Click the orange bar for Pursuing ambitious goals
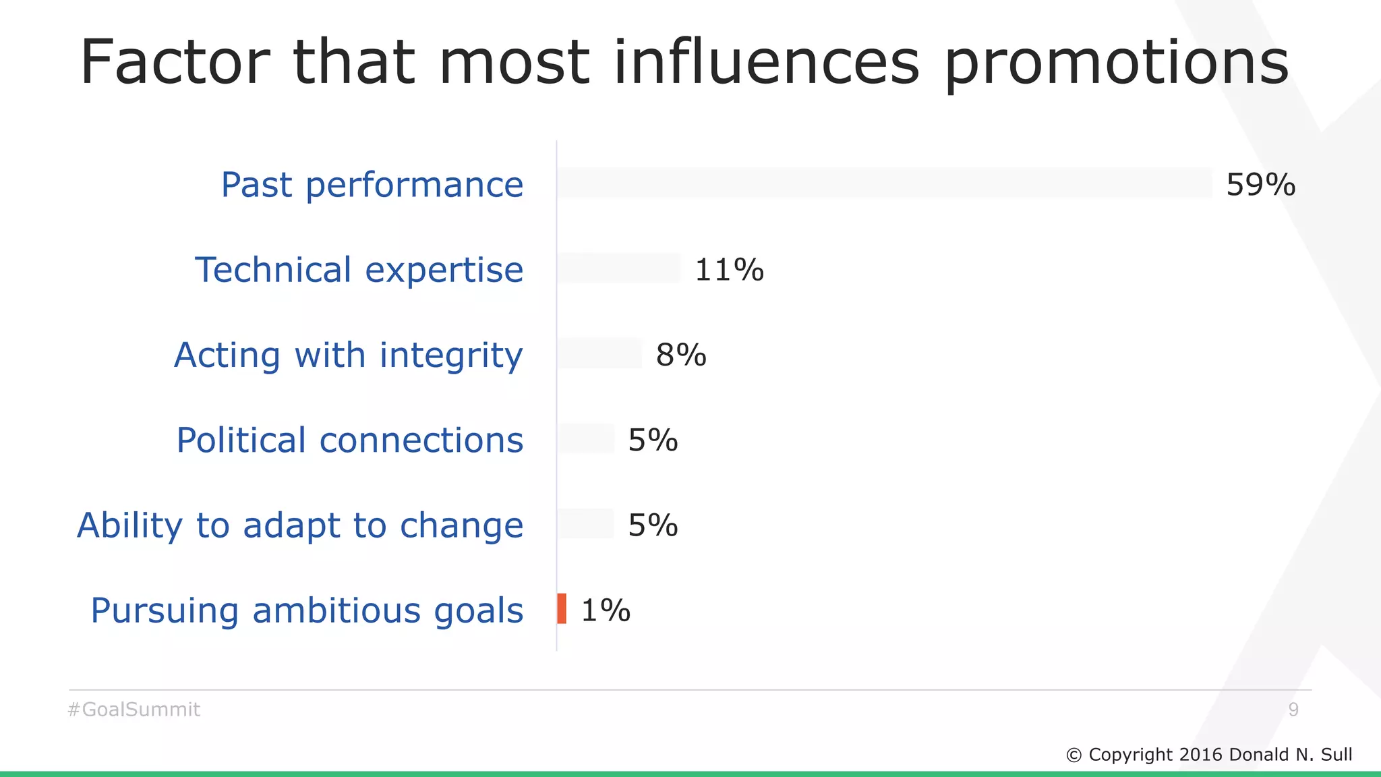click(x=562, y=608)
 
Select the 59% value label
click(x=1260, y=185)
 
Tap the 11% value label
click(x=729, y=270)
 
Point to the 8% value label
click(x=681, y=355)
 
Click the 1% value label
click(x=606, y=610)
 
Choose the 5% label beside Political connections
click(x=653, y=440)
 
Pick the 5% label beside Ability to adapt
click(x=653, y=525)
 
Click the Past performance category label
click(x=372, y=185)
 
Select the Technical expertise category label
click(x=359, y=270)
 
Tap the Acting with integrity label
click(x=349, y=355)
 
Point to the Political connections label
click(x=350, y=440)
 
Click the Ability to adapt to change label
click(x=300, y=525)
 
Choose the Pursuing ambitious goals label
click(x=307, y=610)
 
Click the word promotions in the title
click(x=1116, y=64)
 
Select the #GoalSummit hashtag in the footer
click(x=134, y=710)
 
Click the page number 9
click(x=1293, y=710)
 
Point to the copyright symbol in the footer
click(x=1074, y=755)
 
